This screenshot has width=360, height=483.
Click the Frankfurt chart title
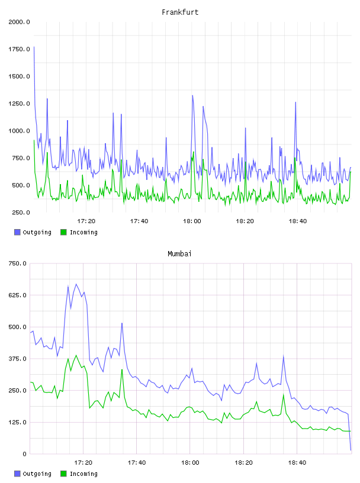point(180,12)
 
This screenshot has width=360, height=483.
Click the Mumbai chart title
point(179,254)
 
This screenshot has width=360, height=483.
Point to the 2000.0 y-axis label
point(19,22)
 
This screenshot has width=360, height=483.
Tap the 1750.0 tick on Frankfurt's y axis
point(19,49)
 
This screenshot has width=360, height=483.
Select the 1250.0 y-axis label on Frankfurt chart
point(19,104)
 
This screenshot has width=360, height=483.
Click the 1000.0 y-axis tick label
point(19,131)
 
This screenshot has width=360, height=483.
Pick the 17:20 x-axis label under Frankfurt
point(86,221)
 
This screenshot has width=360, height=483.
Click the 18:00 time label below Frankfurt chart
point(192,221)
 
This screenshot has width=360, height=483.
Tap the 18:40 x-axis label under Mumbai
point(297,463)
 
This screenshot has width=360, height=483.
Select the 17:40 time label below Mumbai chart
point(137,463)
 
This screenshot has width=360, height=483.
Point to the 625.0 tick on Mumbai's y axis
point(18,295)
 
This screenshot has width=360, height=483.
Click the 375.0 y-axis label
point(18,359)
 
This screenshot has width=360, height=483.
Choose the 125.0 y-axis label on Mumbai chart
point(18,422)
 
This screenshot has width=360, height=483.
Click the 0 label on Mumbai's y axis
point(24,454)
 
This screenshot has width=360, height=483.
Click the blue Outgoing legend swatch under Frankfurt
point(17,232)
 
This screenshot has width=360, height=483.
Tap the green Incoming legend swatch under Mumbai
point(63,474)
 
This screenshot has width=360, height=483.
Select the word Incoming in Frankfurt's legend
point(83,233)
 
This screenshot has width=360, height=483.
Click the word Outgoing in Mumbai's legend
point(37,474)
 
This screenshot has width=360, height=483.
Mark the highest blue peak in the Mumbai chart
point(76,284)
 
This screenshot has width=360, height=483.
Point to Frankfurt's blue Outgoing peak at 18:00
point(192,95)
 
